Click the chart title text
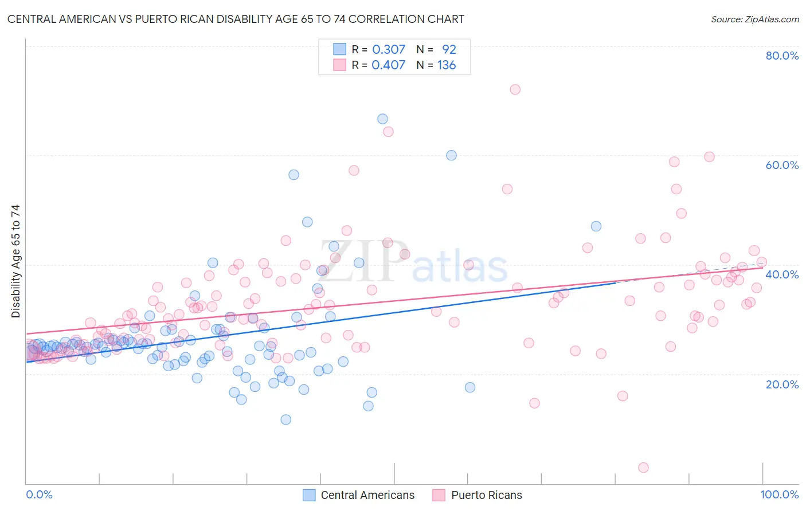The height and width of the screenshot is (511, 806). pos(236,19)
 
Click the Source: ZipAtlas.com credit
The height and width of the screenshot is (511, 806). pos(754,19)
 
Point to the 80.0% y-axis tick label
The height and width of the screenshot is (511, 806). pos(782,56)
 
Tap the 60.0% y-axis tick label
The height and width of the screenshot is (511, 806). pos(782,165)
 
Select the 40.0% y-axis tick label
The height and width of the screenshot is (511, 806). pos(782,274)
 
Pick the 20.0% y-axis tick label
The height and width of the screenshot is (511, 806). pos(782,384)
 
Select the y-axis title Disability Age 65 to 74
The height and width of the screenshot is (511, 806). pos(15,261)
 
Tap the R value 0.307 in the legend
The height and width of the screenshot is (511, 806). pos(389,50)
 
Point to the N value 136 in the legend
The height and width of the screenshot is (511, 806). pos(447,65)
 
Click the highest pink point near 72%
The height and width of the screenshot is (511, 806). pos(515,89)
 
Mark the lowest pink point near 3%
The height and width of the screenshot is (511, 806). pos(643,467)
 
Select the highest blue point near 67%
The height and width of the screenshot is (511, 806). pos(382,119)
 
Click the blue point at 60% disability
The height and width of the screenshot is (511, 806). pos(451,155)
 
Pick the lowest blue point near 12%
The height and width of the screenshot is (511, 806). pos(285,419)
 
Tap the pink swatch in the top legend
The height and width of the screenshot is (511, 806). pos(340,65)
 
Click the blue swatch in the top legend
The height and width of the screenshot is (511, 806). pos(340,50)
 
